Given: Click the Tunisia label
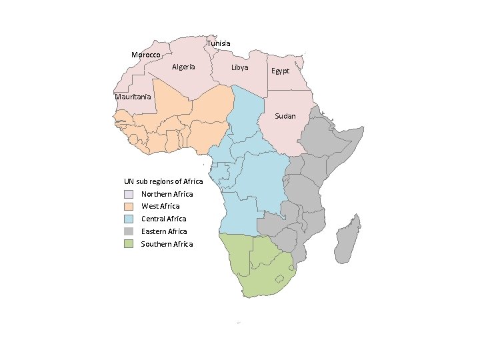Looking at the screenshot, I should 219,43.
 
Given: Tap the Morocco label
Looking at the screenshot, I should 145,55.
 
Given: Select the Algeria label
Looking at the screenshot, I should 183,67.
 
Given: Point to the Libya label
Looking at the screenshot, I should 239,68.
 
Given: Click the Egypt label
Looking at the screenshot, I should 280,71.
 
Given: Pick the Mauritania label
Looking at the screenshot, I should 133,97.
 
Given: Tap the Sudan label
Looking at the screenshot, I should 285,116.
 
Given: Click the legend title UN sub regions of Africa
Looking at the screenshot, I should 163,181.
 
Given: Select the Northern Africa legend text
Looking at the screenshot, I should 167,194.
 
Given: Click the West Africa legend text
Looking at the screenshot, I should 160,206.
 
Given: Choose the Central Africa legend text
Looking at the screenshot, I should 163,219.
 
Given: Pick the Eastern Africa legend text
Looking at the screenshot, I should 164,231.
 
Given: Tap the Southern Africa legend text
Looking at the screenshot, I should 167,244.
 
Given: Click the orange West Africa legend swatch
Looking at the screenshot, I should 129,207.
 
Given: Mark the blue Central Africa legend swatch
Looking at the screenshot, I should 129,219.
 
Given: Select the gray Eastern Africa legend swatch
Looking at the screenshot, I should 129,231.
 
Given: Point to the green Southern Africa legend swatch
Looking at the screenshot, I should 129,244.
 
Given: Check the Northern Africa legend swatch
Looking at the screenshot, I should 129,194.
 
